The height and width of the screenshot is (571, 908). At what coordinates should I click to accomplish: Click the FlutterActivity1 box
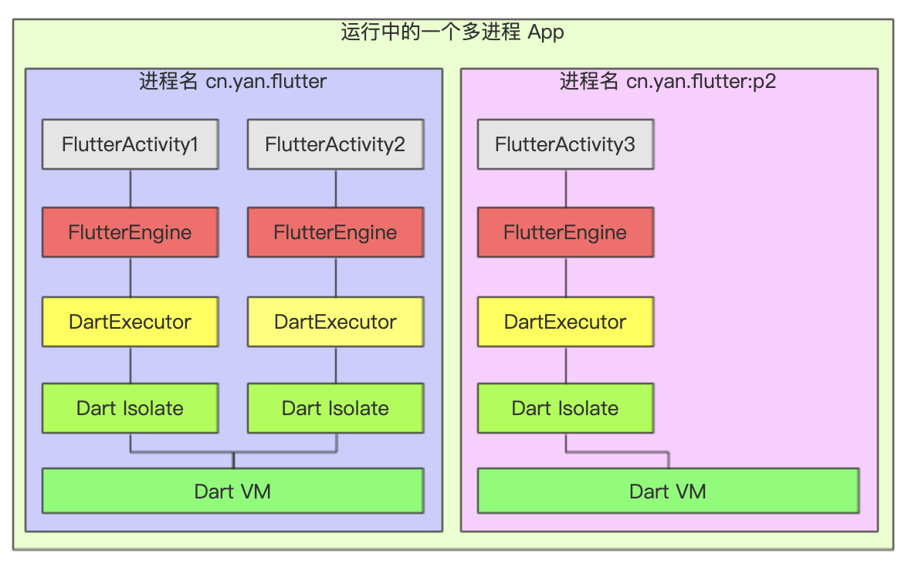[130, 144]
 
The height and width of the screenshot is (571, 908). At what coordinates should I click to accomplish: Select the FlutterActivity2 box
[335, 144]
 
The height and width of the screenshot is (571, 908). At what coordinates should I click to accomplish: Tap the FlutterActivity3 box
[565, 144]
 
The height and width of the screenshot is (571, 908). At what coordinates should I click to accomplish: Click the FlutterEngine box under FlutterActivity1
[130, 232]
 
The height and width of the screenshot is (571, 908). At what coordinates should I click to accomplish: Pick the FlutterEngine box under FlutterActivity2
[335, 232]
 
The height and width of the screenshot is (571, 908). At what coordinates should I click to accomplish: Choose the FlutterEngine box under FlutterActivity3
[565, 232]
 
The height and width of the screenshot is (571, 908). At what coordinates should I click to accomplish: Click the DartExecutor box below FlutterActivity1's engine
[130, 322]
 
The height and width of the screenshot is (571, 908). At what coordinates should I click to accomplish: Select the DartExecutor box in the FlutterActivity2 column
[335, 322]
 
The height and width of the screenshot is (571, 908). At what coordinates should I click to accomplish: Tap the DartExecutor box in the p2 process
[565, 322]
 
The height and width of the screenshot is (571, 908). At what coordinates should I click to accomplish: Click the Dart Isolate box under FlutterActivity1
[130, 408]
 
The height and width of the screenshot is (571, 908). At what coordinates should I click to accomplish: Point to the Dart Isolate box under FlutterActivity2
[335, 408]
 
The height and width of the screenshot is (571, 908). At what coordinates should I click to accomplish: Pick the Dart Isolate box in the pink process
[565, 408]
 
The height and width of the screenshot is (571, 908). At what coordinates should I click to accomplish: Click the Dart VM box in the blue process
[232, 491]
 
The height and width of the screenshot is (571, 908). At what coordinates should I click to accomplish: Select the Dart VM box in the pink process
[668, 491]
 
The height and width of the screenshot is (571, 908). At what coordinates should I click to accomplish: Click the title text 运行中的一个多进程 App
[452, 32]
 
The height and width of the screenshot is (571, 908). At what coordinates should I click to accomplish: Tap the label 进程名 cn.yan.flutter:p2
[668, 81]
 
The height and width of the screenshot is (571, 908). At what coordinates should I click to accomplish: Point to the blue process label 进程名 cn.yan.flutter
[232, 81]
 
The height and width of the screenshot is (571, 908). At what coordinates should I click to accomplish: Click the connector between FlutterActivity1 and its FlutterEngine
[130, 188]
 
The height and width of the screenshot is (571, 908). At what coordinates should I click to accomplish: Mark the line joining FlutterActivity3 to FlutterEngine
[566, 188]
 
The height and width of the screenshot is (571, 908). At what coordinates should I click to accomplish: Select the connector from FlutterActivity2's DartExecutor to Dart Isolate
[335, 365]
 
